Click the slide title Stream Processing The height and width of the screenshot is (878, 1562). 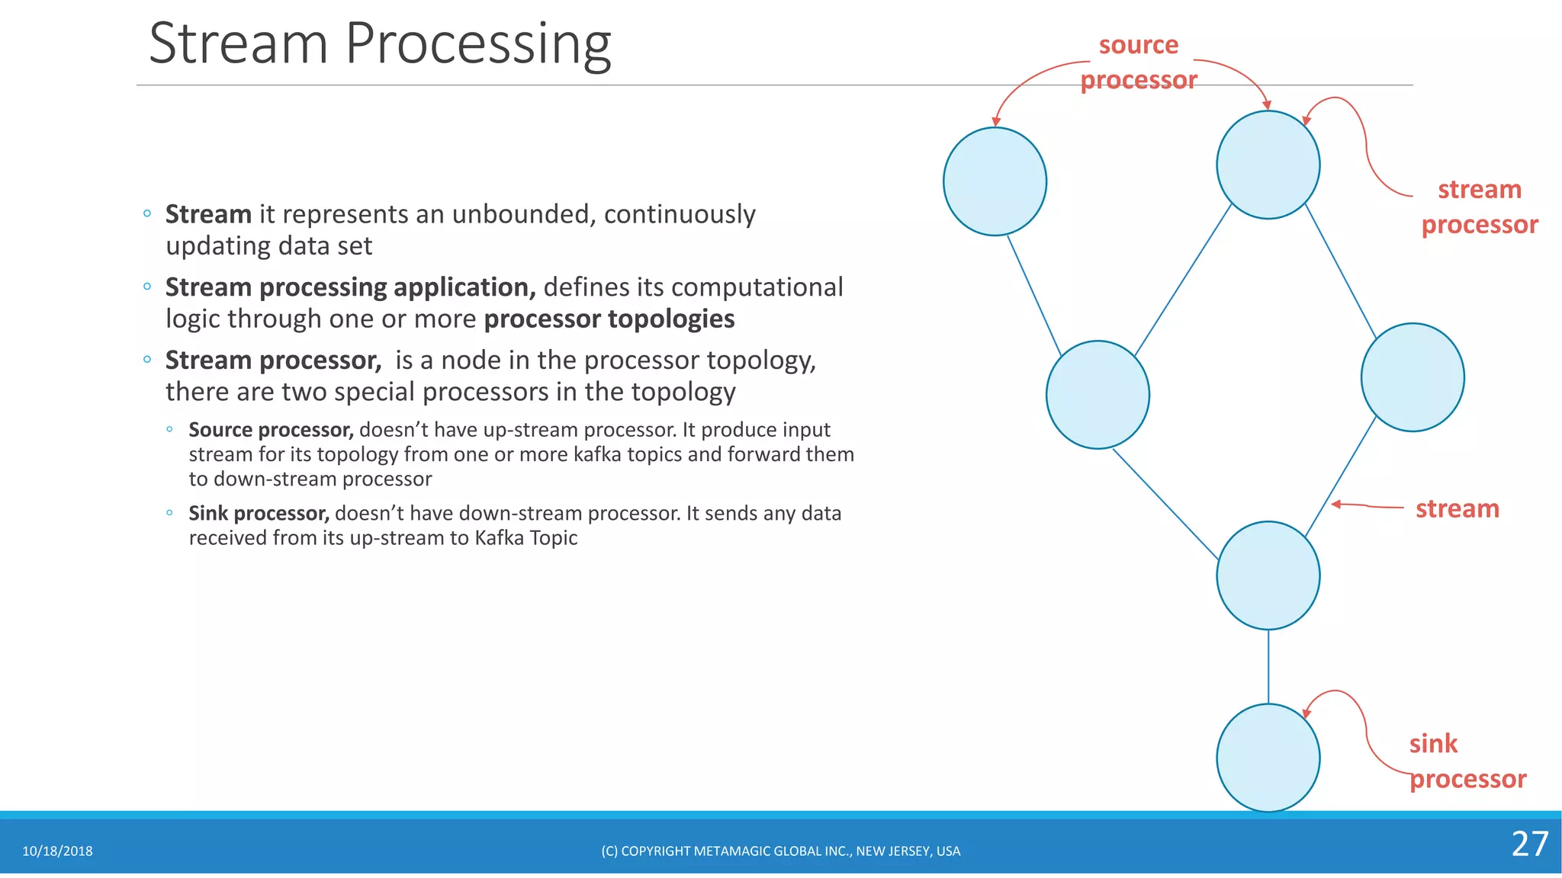pos(380,43)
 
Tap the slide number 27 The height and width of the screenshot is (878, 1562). pos(1529,844)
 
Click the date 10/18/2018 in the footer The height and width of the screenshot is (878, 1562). pos(57,851)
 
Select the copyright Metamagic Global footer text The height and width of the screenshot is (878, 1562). pos(780,851)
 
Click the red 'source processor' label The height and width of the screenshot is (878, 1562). pos(1139,62)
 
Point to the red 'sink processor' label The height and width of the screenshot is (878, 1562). pos(1466,761)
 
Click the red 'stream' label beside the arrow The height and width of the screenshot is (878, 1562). pos(1457,508)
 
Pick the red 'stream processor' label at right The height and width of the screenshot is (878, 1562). pos(1479,207)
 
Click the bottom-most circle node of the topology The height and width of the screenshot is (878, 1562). pos(1268,758)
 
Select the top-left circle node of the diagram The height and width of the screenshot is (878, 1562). pos(995,181)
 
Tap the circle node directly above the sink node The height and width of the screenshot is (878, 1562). pos(1268,575)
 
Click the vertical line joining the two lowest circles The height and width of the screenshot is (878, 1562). pos(1268,666)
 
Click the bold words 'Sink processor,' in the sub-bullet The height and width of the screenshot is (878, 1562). pos(259,514)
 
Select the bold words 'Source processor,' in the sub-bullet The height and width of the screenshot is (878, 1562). pos(271,430)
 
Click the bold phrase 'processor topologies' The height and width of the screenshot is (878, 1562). pos(609,319)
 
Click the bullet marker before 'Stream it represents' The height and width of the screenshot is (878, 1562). pos(147,214)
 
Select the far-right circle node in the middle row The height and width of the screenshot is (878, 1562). pos(1412,377)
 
